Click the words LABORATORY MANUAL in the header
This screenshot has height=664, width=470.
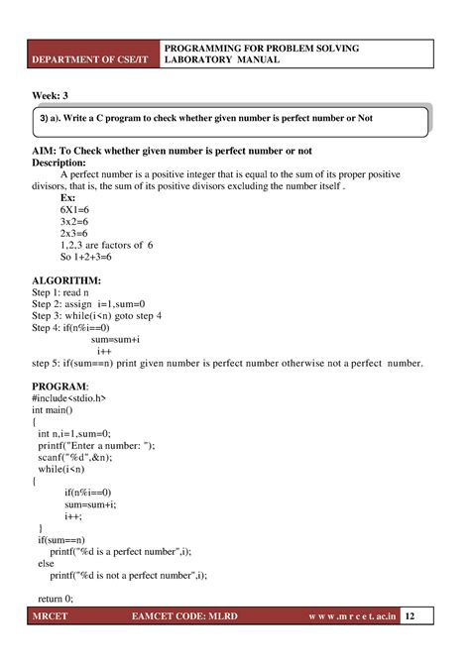(222, 60)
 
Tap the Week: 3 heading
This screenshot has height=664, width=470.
(51, 95)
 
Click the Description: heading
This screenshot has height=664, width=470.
(67, 163)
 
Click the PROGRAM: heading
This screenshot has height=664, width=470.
(59, 385)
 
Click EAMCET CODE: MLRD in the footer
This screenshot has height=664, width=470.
(199, 643)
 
